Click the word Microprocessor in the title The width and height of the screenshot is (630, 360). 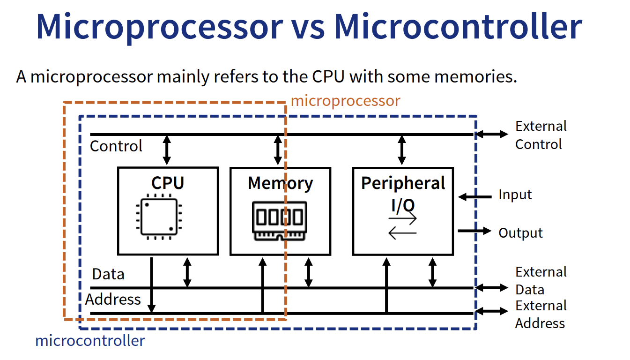[159, 27]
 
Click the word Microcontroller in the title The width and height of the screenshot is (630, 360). [458, 27]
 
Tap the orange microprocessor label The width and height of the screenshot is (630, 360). [345, 101]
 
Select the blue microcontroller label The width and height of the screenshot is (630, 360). [90, 340]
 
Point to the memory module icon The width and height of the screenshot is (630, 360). [280, 221]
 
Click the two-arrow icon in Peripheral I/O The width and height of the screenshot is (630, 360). [402, 225]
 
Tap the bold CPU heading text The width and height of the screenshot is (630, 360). [167, 183]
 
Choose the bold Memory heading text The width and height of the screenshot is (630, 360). [280, 183]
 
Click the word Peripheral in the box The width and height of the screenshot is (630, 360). [403, 183]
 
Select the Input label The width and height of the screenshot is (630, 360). [515, 195]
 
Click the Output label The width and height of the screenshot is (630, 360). [520, 233]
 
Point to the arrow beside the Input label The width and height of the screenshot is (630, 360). [474, 197]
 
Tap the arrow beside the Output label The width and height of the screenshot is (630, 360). [474, 231]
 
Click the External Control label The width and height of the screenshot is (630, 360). [541, 135]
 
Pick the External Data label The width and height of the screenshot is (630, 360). [541, 280]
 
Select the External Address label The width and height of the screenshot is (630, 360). [541, 315]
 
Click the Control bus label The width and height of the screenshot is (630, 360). [116, 146]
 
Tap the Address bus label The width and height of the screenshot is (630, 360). [113, 299]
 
